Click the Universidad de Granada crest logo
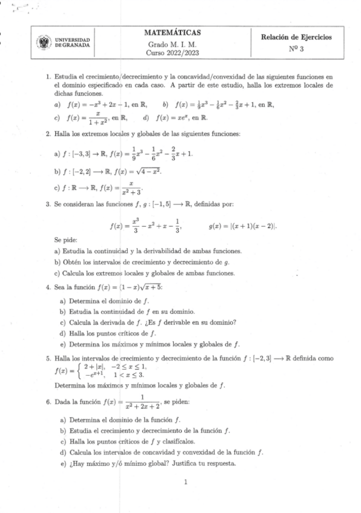pos(44,43)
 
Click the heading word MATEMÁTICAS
pos(173,32)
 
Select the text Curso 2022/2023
pos(173,53)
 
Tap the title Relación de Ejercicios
pos(296,38)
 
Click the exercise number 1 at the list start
pos(48,78)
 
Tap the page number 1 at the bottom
pos(185,482)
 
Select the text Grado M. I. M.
pos(173,44)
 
